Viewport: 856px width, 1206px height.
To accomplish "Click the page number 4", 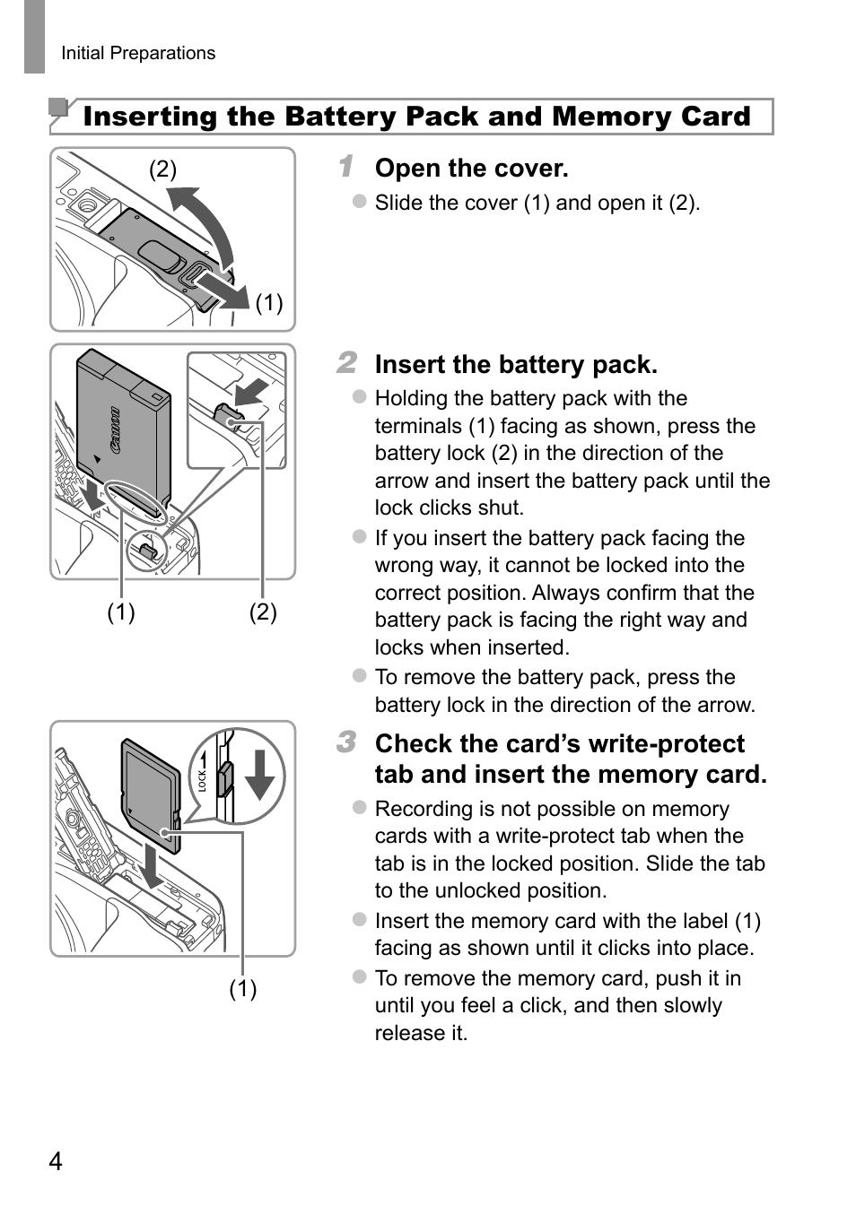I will (x=56, y=1162).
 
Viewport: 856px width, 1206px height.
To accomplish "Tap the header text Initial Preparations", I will (x=138, y=53).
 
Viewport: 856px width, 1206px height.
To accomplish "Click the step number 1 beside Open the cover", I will (x=346, y=167).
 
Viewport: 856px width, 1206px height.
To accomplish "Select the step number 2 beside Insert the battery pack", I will (x=347, y=363).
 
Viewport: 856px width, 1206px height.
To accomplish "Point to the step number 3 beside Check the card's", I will (x=347, y=742).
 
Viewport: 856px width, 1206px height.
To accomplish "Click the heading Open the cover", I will (x=471, y=169).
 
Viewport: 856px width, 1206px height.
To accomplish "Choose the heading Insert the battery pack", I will (x=516, y=365).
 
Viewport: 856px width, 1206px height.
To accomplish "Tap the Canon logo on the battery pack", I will (x=114, y=431).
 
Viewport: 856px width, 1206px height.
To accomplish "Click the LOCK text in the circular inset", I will (x=203, y=779).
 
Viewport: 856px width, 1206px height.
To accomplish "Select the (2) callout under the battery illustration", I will (x=263, y=612).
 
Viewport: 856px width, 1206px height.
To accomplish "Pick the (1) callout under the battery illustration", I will (x=121, y=612).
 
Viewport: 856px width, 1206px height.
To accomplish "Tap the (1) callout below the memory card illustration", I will (x=242, y=988).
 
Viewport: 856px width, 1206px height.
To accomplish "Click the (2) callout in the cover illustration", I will (x=162, y=169).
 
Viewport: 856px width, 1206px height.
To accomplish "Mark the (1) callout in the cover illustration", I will (x=269, y=303).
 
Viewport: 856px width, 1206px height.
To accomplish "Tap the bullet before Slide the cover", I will (x=360, y=202).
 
